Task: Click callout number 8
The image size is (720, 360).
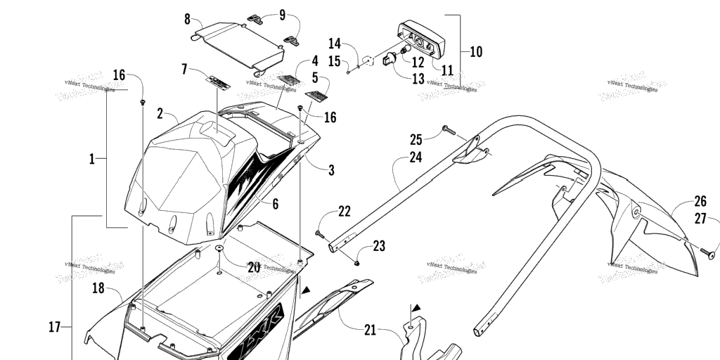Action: (x=188, y=18)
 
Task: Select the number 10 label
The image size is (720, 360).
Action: (x=476, y=51)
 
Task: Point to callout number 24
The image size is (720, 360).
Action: (x=416, y=157)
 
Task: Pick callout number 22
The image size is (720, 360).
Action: (x=344, y=211)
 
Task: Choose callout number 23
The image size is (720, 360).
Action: (x=379, y=246)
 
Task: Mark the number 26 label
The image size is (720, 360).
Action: (x=700, y=201)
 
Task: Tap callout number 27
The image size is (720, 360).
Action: (x=700, y=219)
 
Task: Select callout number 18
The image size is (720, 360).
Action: (x=98, y=287)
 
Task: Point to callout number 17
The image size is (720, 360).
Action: (x=54, y=326)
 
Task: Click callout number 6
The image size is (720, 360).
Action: (x=275, y=205)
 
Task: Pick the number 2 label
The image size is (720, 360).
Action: (x=161, y=113)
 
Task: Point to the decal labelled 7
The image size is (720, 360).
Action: (x=217, y=79)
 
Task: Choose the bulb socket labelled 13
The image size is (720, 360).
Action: (x=389, y=60)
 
